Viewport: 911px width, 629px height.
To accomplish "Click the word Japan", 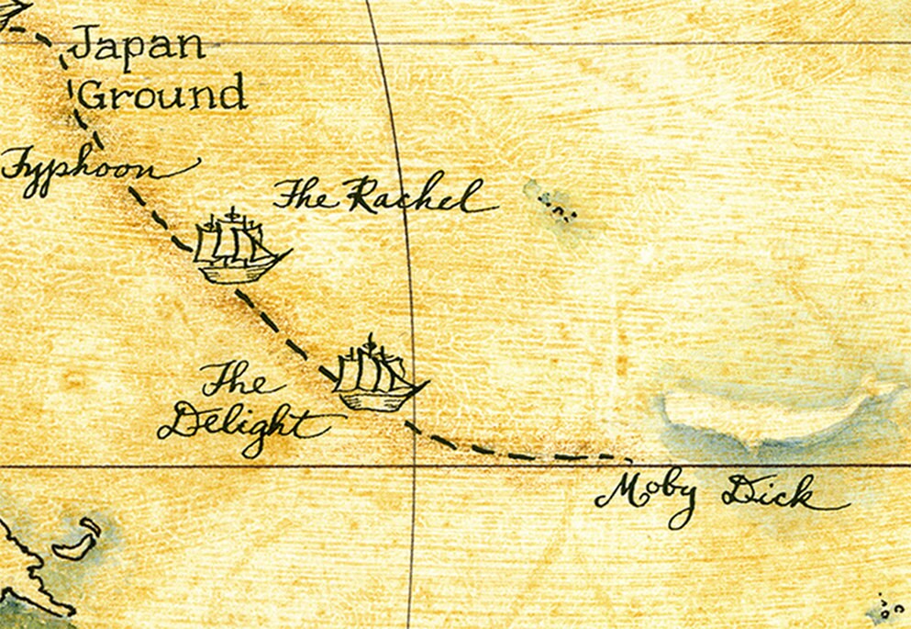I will (x=138, y=44).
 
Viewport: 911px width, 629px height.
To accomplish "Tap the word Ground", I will (x=163, y=95).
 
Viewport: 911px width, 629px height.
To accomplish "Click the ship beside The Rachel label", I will (x=239, y=248).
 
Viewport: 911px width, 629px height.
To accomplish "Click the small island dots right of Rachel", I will (x=556, y=204).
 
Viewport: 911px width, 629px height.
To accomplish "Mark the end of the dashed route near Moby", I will (x=628, y=456).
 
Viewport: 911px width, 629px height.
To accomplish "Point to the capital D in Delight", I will (x=188, y=425).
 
